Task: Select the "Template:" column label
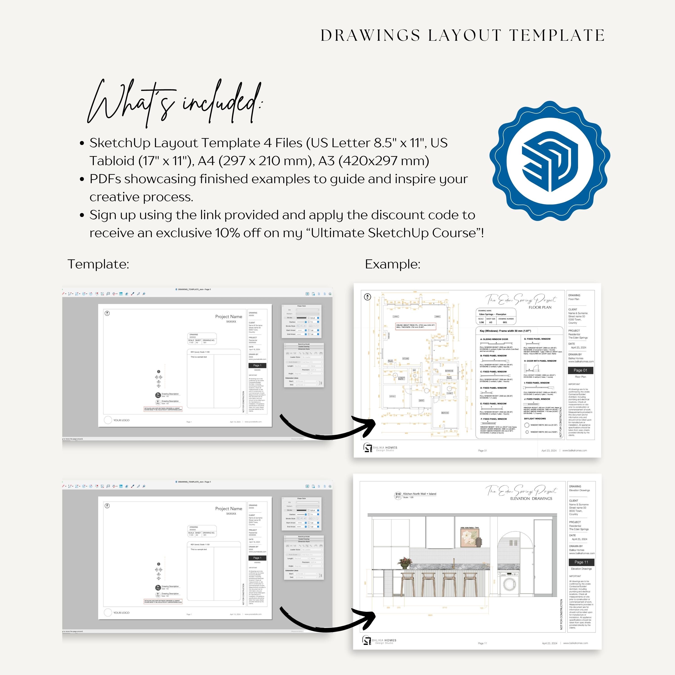point(98,264)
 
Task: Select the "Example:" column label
point(392,264)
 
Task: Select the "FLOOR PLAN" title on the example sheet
point(540,307)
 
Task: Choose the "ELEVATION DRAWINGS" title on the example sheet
point(531,499)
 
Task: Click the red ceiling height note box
point(415,326)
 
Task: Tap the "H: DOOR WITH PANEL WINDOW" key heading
point(540,361)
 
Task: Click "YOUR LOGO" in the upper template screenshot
point(121,420)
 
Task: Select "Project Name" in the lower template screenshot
point(229,509)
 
